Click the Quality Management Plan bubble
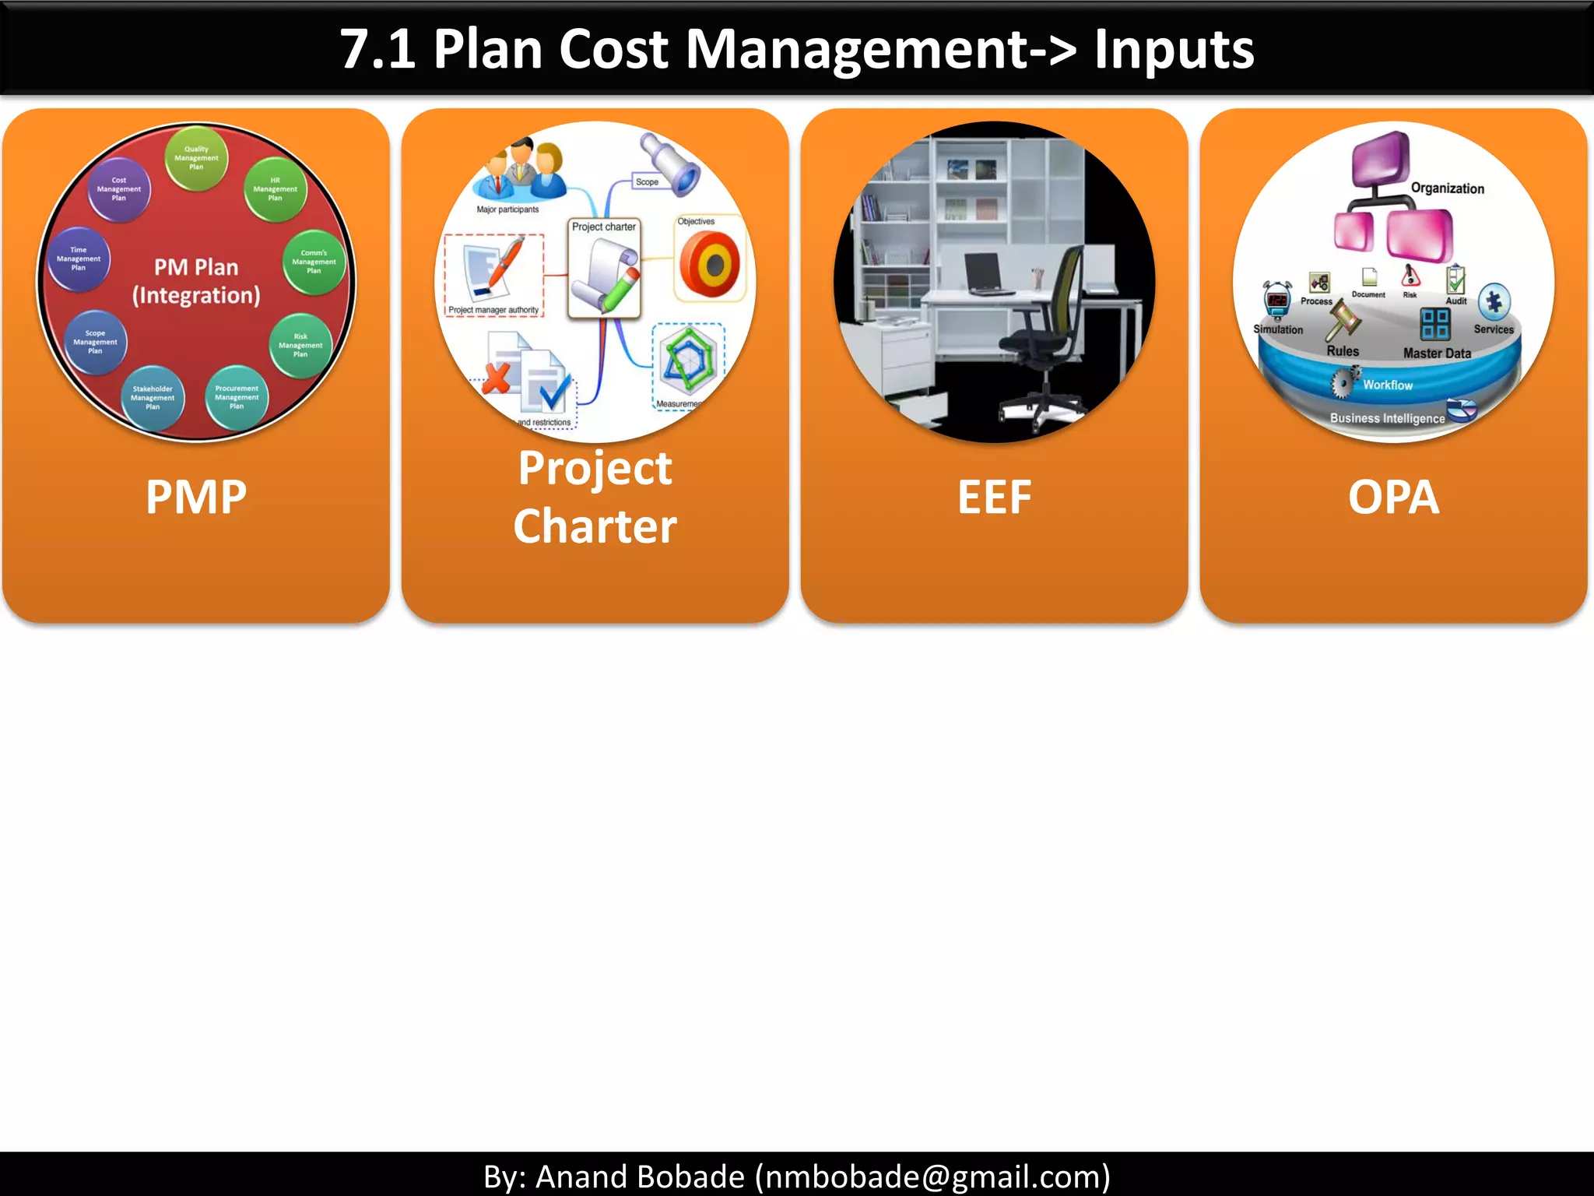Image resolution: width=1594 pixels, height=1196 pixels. [x=196, y=158]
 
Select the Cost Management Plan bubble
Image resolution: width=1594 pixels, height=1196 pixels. [x=119, y=189]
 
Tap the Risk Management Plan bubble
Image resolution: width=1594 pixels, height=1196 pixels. [x=300, y=345]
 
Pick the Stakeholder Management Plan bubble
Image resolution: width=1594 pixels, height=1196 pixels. [x=153, y=398]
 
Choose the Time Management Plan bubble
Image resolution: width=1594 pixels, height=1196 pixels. [x=79, y=259]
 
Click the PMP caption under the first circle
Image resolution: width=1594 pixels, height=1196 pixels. [x=196, y=497]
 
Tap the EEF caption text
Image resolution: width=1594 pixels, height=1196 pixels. [x=994, y=497]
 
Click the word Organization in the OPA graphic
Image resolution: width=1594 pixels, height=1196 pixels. [x=1447, y=188]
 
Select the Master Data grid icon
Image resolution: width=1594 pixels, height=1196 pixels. [x=1434, y=324]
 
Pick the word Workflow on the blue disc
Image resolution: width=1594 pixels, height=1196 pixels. [x=1387, y=385]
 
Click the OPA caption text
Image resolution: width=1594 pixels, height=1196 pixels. [x=1393, y=497]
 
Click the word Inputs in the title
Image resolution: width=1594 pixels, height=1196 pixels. [x=1174, y=49]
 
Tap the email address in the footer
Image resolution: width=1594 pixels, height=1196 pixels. [x=932, y=1177]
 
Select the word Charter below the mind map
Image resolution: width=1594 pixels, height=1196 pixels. [x=595, y=526]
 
